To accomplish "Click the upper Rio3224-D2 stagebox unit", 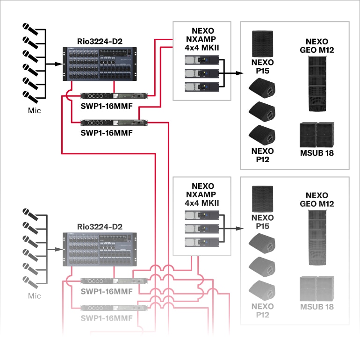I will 100,64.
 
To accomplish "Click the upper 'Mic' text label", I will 35,111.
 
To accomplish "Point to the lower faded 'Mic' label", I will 35,295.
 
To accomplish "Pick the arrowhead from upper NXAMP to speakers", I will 239,73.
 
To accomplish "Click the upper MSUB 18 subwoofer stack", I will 317,135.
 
